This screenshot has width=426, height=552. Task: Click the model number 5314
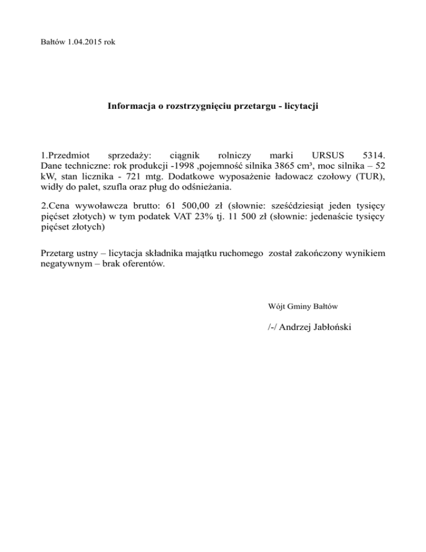pyautogui.click(x=373, y=155)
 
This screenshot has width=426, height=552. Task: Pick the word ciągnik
pyautogui.click(x=186, y=155)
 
